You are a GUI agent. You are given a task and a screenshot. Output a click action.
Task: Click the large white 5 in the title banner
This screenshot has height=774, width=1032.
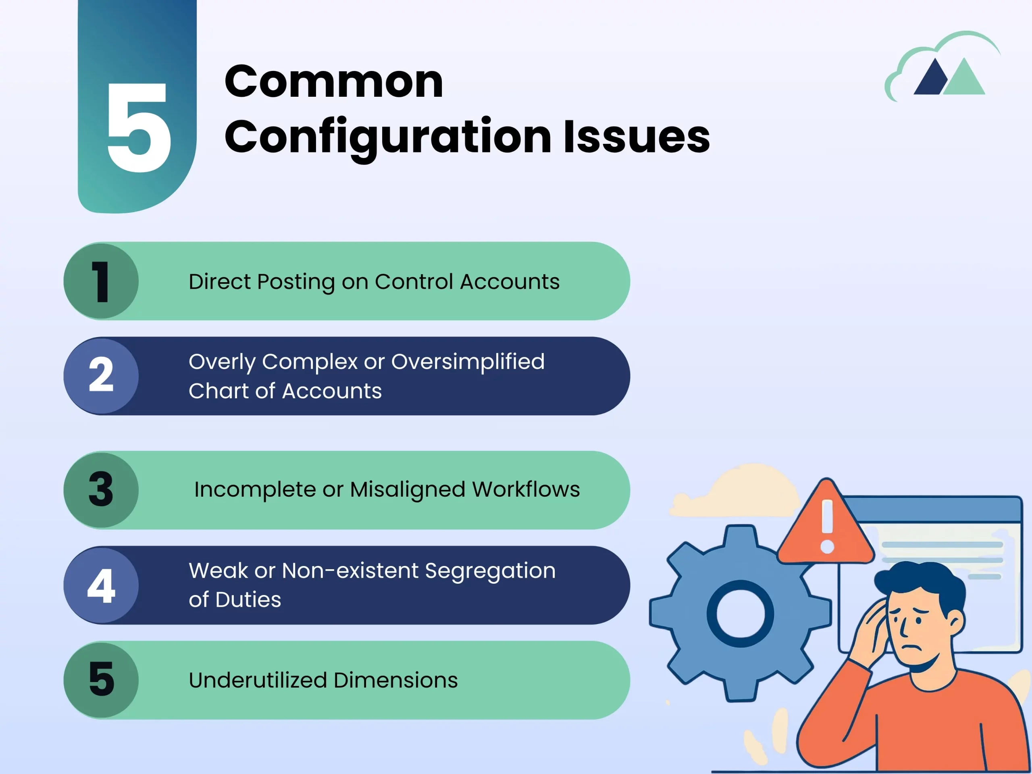pyautogui.click(x=139, y=127)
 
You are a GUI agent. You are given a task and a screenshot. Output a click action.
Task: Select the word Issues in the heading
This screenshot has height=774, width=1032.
pyautogui.click(x=637, y=136)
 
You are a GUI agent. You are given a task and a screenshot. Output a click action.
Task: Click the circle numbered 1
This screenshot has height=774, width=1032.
pyautogui.click(x=101, y=281)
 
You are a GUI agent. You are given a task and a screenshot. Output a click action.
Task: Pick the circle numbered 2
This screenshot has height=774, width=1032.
pyautogui.click(x=101, y=376)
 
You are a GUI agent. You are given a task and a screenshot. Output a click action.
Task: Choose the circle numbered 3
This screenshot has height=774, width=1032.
pyautogui.click(x=101, y=490)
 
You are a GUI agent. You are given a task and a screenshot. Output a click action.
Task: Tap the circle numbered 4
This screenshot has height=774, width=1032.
pyautogui.click(x=101, y=585)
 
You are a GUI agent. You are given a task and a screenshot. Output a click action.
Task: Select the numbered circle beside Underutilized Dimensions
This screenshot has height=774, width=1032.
pyautogui.click(x=101, y=680)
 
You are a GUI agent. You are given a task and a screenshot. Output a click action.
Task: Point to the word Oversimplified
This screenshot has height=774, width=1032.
pyautogui.click(x=468, y=362)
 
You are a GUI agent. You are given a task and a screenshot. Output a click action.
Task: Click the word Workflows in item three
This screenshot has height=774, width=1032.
pyautogui.click(x=526, y=489)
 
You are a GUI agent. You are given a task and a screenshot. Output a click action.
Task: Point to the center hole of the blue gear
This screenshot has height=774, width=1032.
pyautogui.click(x=741, y=614)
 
